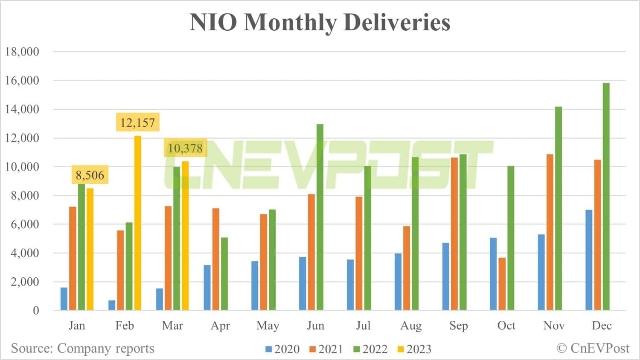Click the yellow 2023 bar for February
coord(138,223)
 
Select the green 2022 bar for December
coord(606,196)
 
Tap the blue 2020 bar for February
coord(112,305)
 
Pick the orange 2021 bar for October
coord(502,284)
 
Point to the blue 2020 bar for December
coord(589,260)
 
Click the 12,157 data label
coord(137,123)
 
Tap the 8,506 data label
coord(90,175)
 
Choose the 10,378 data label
coord(185,148)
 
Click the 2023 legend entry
coord(414,349)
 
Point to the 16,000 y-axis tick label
coord(22,80)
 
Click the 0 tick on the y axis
coord(36,311)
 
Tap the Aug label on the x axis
coord(411,326)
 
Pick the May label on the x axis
coord(268,326)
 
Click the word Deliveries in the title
coord(397,22)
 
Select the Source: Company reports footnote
coord(82,348)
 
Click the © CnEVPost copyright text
coord(593,348)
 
